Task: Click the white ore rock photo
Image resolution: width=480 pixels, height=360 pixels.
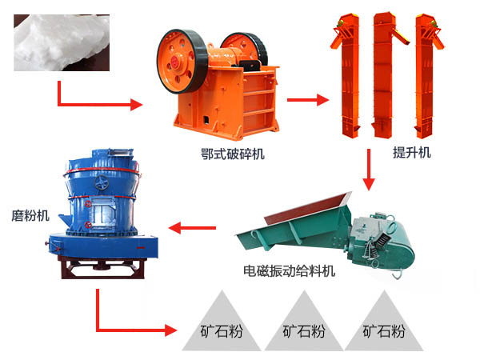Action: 62,42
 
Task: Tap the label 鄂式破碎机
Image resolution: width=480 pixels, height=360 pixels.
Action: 233,154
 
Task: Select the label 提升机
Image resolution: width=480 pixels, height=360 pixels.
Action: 412,152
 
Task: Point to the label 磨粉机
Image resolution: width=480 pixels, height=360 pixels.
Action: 30,216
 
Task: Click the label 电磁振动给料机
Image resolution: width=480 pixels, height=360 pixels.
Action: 289,271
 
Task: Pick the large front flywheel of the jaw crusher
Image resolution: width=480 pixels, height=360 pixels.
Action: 182,62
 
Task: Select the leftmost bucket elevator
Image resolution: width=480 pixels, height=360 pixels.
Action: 347,75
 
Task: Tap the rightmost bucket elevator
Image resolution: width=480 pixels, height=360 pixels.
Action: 427,75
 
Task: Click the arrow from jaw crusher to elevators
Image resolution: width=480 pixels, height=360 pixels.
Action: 308,100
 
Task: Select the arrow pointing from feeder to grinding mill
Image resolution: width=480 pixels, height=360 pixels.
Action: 192,228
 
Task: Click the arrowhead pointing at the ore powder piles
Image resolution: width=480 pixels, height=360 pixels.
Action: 171,330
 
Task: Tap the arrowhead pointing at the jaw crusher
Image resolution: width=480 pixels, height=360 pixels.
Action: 137,104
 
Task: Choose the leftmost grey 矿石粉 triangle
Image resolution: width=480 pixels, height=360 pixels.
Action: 222,322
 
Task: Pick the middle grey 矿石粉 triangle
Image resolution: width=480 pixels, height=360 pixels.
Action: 304,322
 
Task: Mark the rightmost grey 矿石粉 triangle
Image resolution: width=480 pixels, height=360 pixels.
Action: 384,322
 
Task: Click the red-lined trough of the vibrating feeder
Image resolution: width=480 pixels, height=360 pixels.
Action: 309,209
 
